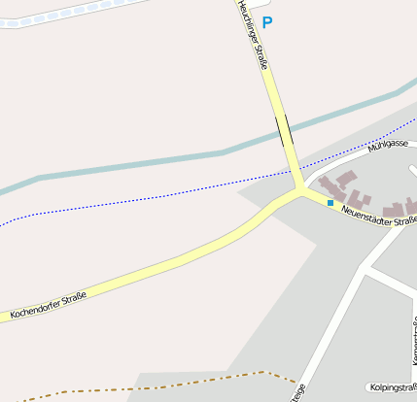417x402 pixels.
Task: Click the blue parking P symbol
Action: pos(267,22)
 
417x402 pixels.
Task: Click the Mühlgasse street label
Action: pos(389,145)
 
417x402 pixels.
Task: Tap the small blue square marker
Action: pos(330,202)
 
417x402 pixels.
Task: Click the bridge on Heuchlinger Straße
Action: pos(284,129)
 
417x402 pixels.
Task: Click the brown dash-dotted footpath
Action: pos(146,384)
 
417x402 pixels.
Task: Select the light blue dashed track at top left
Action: pos(68,11)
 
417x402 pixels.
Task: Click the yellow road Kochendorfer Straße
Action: pos(175,261)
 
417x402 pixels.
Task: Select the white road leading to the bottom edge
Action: pos(330,320)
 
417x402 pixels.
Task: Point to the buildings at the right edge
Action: pos(399,207)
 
